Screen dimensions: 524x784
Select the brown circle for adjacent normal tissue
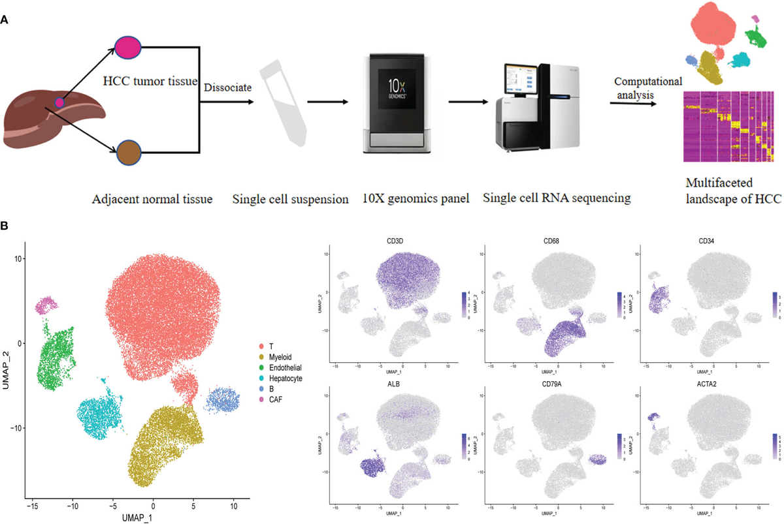click(129, 154)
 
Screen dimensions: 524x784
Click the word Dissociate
click(227, 87)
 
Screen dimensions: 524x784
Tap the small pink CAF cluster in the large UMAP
click(47, 305)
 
